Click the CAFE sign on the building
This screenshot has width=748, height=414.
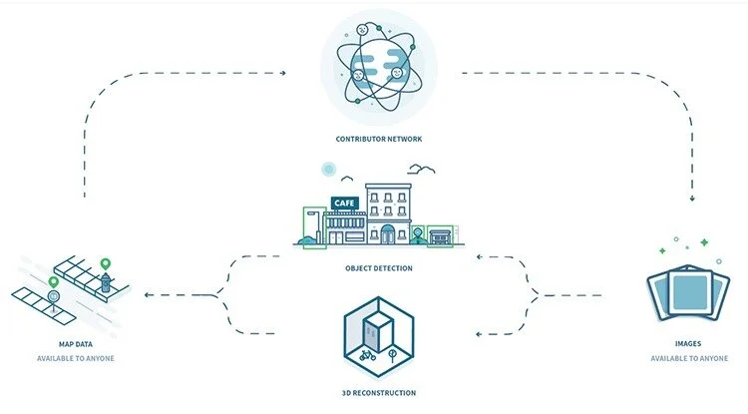coord(343,204)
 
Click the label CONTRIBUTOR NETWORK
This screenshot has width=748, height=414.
coord(372,140)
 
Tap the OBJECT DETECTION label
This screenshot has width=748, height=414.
coord(373,268)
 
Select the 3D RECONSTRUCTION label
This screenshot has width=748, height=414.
coord(373,392)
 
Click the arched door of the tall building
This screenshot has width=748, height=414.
coord(386,233)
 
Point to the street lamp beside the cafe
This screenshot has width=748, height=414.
coord(318,224)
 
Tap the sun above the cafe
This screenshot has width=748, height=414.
coord(327,169)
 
